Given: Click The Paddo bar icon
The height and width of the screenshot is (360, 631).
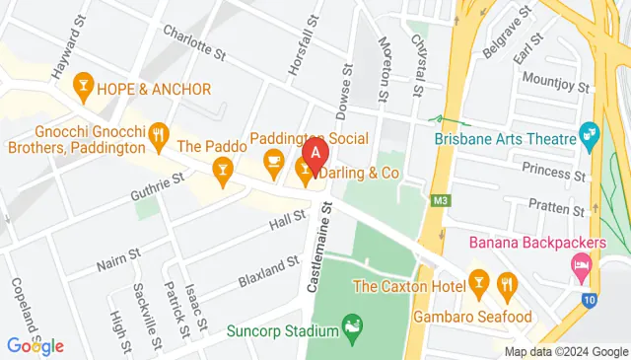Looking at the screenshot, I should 224,175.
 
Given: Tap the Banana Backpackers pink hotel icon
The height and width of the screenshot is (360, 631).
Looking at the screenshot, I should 581,264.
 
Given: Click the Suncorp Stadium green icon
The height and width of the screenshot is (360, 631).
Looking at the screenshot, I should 349,324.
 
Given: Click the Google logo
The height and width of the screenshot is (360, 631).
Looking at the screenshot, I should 35,345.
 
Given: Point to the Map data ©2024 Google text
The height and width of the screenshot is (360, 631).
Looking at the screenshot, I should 565,352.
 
